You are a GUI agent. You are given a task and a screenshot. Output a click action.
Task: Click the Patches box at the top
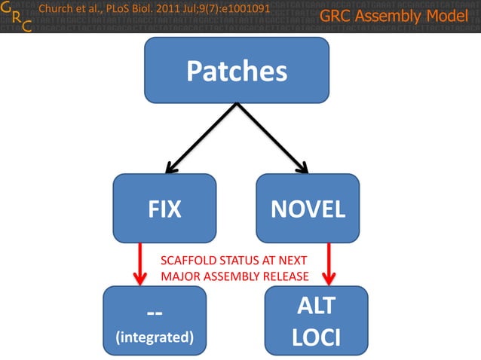pos(237,70)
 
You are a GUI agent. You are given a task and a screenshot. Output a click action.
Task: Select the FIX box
pos(164,209)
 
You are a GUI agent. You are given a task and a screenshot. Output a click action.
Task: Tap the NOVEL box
pos(307,209)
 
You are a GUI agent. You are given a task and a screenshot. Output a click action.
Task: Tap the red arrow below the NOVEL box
pos(328,263)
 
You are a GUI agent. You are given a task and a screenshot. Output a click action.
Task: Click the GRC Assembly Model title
pos(394,17)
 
